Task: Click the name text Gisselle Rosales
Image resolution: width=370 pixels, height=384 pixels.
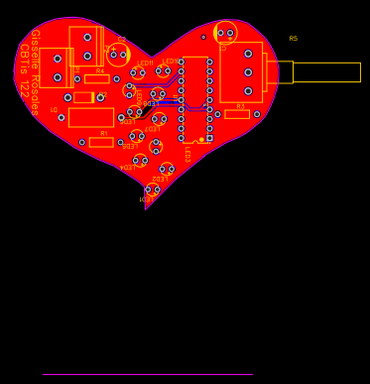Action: point(34,72)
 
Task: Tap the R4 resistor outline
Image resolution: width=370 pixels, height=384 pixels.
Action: point(96,78)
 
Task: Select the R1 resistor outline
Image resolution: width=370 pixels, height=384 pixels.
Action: point(101,142)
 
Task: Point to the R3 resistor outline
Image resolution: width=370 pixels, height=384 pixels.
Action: point(237,114)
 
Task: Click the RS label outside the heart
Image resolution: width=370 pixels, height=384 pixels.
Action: point(293,39)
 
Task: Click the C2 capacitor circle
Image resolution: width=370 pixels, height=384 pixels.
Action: point(119,55)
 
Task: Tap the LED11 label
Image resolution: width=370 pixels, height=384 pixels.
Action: point(145,63)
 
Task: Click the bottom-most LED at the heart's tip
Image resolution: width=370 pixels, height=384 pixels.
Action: point(152,190)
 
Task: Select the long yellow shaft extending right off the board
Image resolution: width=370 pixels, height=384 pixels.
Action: point(325,71)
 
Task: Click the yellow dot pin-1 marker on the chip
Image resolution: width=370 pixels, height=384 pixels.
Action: point(201,140)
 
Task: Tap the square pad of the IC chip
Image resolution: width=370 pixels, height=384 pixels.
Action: point(209,138)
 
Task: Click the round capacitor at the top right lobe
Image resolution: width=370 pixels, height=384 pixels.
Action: point(225,33)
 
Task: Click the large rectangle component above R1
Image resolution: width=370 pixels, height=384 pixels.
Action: point(91,117)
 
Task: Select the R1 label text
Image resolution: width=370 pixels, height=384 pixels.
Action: point(103,133)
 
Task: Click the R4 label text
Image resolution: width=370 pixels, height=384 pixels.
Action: point(99,70)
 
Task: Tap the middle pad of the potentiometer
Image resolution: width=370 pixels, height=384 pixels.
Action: point(248,72)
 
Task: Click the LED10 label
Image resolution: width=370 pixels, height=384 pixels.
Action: point(171,62)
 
